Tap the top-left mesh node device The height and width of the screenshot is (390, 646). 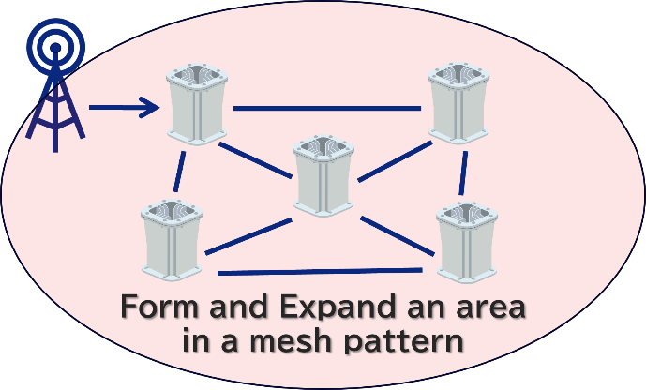198,104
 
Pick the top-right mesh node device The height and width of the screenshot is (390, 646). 459,102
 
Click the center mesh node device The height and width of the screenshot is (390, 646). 323,174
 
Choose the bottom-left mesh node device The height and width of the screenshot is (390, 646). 172,238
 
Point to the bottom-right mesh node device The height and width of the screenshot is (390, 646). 467,241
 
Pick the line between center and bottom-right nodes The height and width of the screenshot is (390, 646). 398,235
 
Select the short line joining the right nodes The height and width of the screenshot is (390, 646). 463,172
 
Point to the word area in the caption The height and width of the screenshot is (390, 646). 483,308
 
